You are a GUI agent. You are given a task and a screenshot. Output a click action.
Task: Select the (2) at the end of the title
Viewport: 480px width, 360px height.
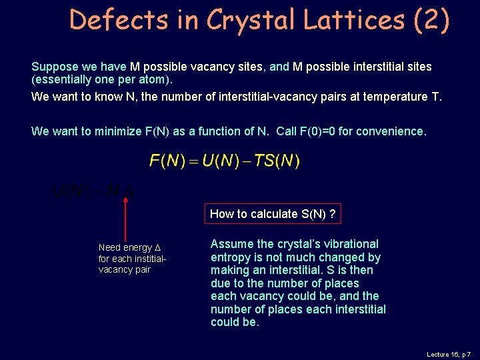[431, 20]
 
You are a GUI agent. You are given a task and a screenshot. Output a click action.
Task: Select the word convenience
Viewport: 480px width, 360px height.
[389, 131]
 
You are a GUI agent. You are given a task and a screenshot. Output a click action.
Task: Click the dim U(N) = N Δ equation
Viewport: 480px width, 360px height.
[93, 192]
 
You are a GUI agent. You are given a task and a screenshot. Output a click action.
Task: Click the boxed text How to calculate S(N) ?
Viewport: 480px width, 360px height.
[272, 214]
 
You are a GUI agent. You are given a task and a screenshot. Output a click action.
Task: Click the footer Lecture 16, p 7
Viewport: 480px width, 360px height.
[449, 355]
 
